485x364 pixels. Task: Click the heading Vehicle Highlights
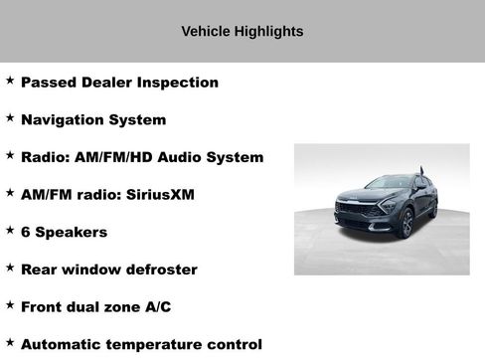pos(242,32)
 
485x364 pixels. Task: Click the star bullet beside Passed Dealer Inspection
pos(10,81)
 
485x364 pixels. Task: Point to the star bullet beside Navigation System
pos(10,118)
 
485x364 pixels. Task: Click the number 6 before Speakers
pos(26,232)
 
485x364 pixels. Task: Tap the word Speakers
pos(72,233)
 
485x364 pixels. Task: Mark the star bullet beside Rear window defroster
pos(10,268)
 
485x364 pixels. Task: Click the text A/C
pos(156,307)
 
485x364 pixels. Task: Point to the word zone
pos(121,307)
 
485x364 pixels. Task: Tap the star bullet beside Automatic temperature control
pos(10,343)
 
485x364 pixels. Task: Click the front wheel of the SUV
pos(407,224)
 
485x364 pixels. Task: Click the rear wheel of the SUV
pos(433,208)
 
